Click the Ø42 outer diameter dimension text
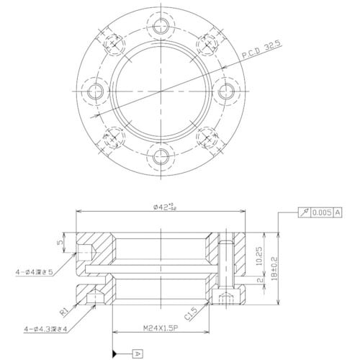point(164,207)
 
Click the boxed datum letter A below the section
point(138,353)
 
